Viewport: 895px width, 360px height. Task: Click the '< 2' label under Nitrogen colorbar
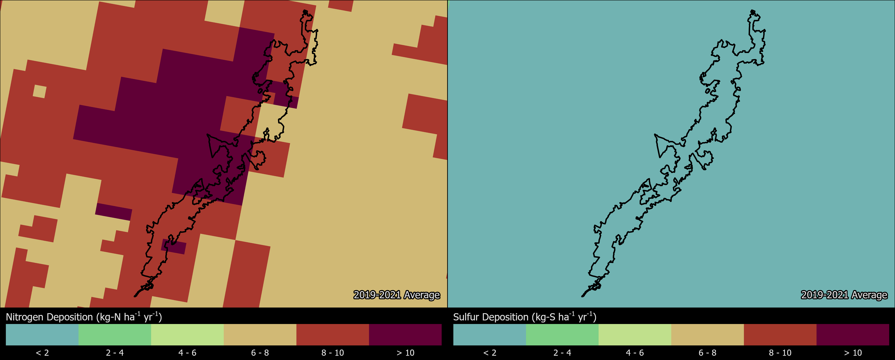click(42, 353)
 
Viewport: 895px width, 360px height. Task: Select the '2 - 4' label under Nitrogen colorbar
click(115, 353)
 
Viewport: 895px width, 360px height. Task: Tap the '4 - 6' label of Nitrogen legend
click(187, 353)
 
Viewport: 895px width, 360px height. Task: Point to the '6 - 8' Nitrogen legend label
click(260, 353)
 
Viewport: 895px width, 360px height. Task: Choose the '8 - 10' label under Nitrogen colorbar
click(332, 353)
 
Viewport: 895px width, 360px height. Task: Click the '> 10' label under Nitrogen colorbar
click(405, 353)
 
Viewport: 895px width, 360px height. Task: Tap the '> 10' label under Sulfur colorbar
click(853, 353)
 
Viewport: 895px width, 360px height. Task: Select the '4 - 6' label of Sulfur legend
click(635, 353)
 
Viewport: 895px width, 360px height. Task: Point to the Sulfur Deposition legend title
click(525, 317)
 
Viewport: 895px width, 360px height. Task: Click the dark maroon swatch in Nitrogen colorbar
click(405, 335)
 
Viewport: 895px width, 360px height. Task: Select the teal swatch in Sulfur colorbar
click(490, 335)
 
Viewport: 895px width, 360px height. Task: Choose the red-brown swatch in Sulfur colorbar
click(780, 335)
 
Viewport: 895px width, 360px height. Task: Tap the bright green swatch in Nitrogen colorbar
click(115, 335)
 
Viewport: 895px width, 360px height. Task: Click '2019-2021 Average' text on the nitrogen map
click(396, 295)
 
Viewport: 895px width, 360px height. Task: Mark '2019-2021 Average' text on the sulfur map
click(844, 295)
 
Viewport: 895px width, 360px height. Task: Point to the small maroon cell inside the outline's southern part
click(174, 246)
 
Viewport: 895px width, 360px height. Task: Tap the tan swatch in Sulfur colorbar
click(707, 335)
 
